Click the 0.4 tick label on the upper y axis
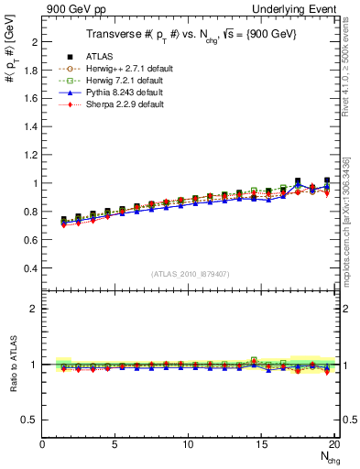pyautogui.click(x=29, y=268)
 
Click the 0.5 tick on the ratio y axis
pyautogui.click(x=29, y=420)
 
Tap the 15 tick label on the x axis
pyautogui.click(x=262, y=444)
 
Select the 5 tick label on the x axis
pyautogui.click(x=115, y=444)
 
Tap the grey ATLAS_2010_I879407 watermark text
pyautogui.click(x=191, y=273)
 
